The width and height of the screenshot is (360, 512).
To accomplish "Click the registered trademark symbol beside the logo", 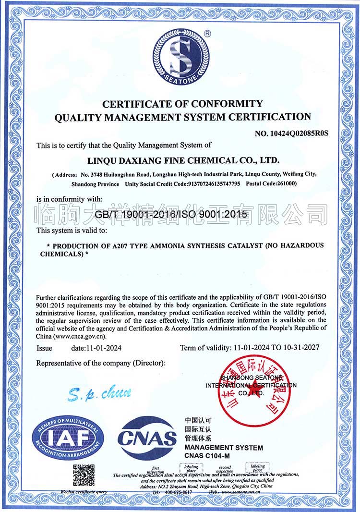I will click(207, 34).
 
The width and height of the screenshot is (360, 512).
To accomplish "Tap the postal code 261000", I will click(284, 184).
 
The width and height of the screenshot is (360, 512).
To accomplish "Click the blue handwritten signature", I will click(99, 394).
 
